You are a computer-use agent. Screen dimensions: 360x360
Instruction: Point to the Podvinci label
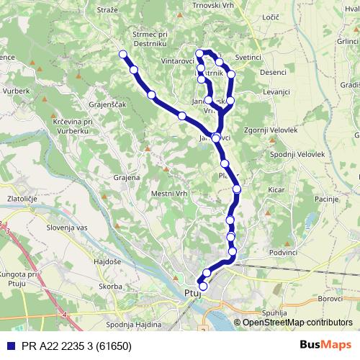pyautogui.click(x=283, y=253)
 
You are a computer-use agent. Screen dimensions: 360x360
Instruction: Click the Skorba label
pyautogui.click(x=111, y=286)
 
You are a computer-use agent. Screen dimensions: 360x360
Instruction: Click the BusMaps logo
pyautogui.click(x=325, y=344)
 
